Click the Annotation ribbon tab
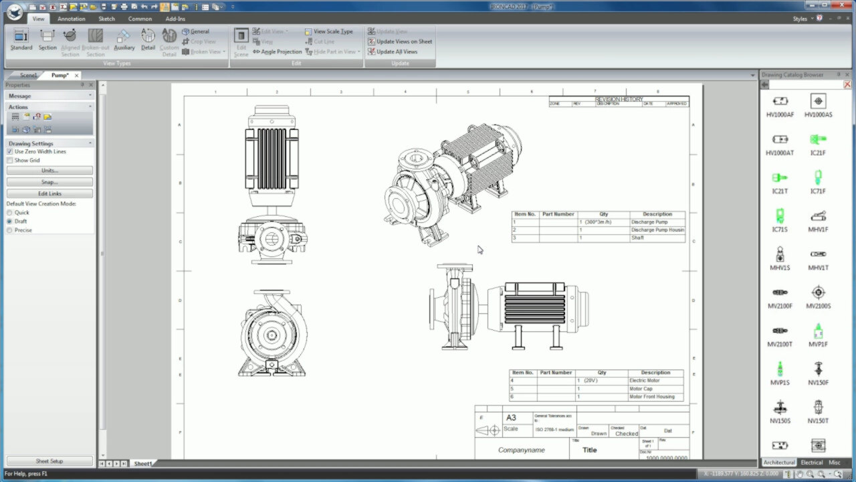71,19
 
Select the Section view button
47,40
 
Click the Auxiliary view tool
124,40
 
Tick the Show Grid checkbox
9,161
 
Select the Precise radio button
9,230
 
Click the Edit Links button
49,193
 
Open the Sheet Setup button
49,461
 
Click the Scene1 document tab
28,75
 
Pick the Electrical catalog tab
811,463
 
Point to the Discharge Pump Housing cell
657,230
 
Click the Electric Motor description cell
645,380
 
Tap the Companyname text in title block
522,450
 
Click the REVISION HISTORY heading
619,99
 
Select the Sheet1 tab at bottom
142,463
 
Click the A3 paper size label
511,418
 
